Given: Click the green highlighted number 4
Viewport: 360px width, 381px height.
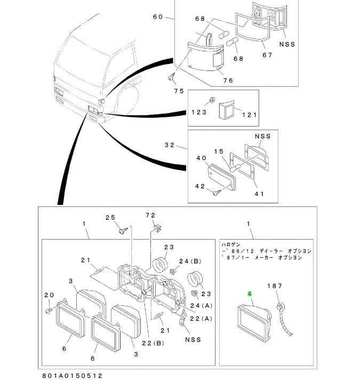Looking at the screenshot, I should coord(248,293).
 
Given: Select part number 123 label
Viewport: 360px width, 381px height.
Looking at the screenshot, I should coord(199,113).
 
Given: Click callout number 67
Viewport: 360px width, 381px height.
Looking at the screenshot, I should coord(267,55).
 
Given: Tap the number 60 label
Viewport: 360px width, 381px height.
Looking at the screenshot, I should coord(158,17).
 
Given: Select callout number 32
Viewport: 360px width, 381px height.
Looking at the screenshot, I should coord(170,145).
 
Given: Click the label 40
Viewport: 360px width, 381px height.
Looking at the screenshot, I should coord(201,158).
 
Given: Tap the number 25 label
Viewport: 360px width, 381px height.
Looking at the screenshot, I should coord(110,217).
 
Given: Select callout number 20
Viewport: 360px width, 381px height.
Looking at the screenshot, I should coord(49,295).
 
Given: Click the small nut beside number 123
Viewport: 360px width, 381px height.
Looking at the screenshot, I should coord(212,100).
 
